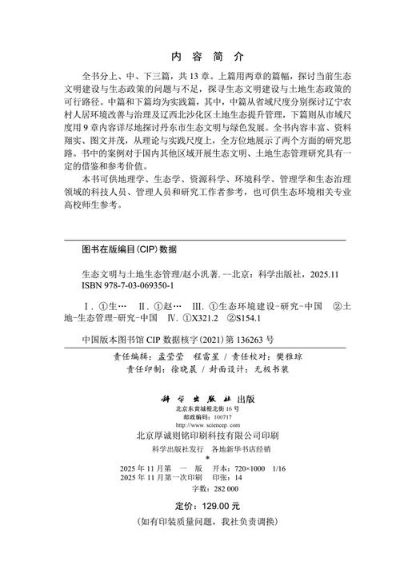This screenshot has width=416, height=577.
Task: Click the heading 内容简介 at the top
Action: pos(207,57)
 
